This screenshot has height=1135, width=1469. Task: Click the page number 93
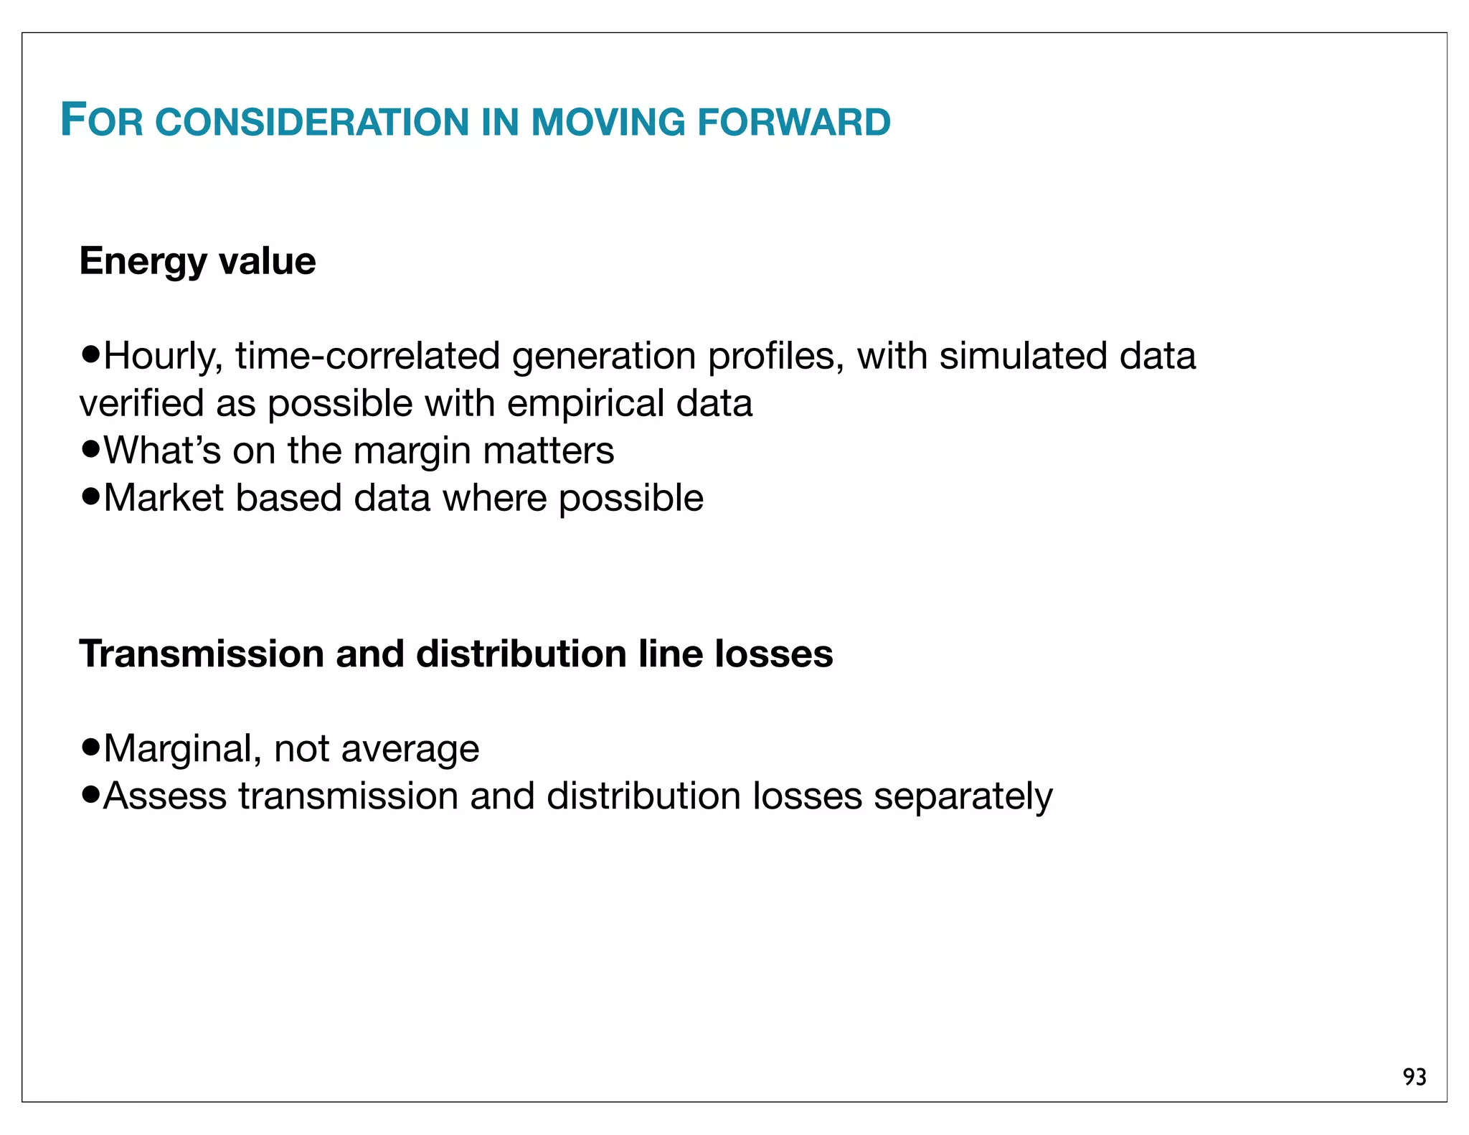(x=1414, y=1077)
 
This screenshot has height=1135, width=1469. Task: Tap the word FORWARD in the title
(x=794, y=122)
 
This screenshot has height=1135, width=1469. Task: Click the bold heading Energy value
(x=197, y=261)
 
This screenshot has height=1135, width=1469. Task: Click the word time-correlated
(x=367, y=357)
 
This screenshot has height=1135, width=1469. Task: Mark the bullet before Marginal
(x=90, y=748)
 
